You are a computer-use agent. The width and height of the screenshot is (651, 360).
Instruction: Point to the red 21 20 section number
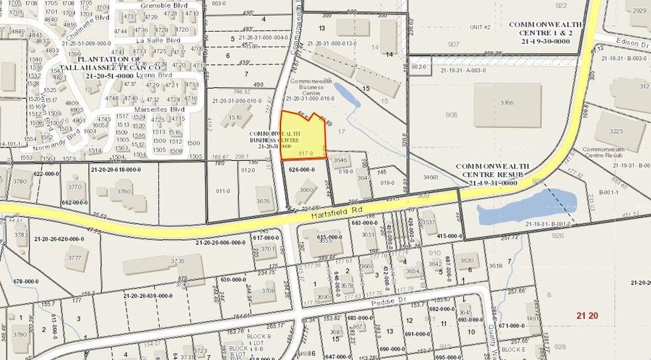[587, 316]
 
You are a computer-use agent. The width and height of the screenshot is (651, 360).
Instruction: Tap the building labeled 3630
[467, 260]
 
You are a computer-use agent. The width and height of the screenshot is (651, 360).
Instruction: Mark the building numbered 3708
[268, 291]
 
